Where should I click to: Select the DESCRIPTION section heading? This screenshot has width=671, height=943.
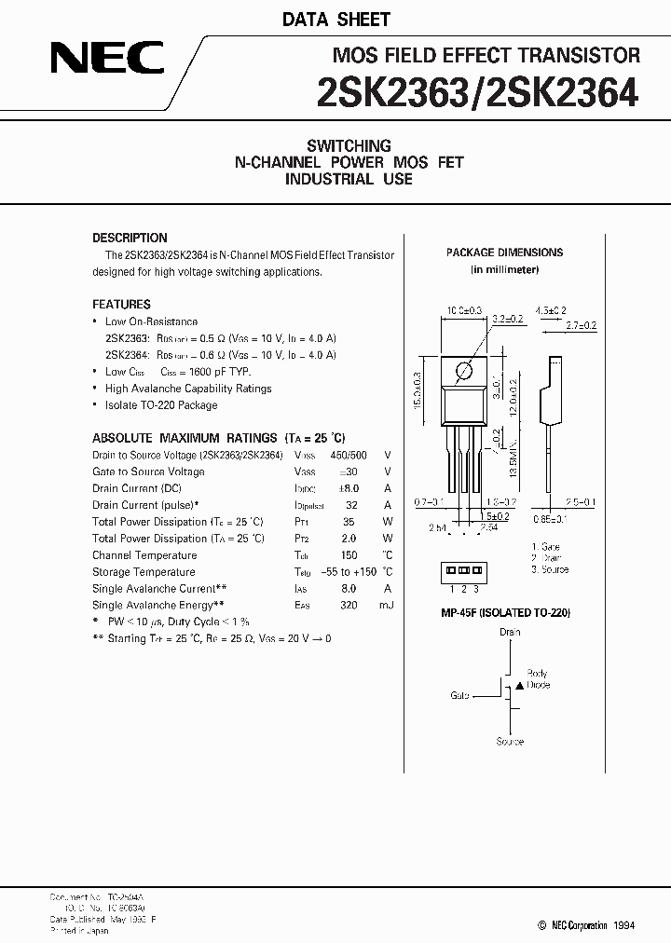(x=130, y=238)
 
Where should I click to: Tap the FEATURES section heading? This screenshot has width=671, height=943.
(x=121, y=304)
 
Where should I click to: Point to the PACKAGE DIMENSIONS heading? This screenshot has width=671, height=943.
(x=504, y=253)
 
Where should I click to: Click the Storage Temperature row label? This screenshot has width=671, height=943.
(x=144, y=572)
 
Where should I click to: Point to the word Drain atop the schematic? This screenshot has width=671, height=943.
(x=510, y=632)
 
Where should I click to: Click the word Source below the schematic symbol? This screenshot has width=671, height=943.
(x=510, y=742)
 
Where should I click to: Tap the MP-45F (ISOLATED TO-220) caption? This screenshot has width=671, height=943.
(x=505, y=612)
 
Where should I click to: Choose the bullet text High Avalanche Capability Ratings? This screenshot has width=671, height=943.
(x=188, y=389)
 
